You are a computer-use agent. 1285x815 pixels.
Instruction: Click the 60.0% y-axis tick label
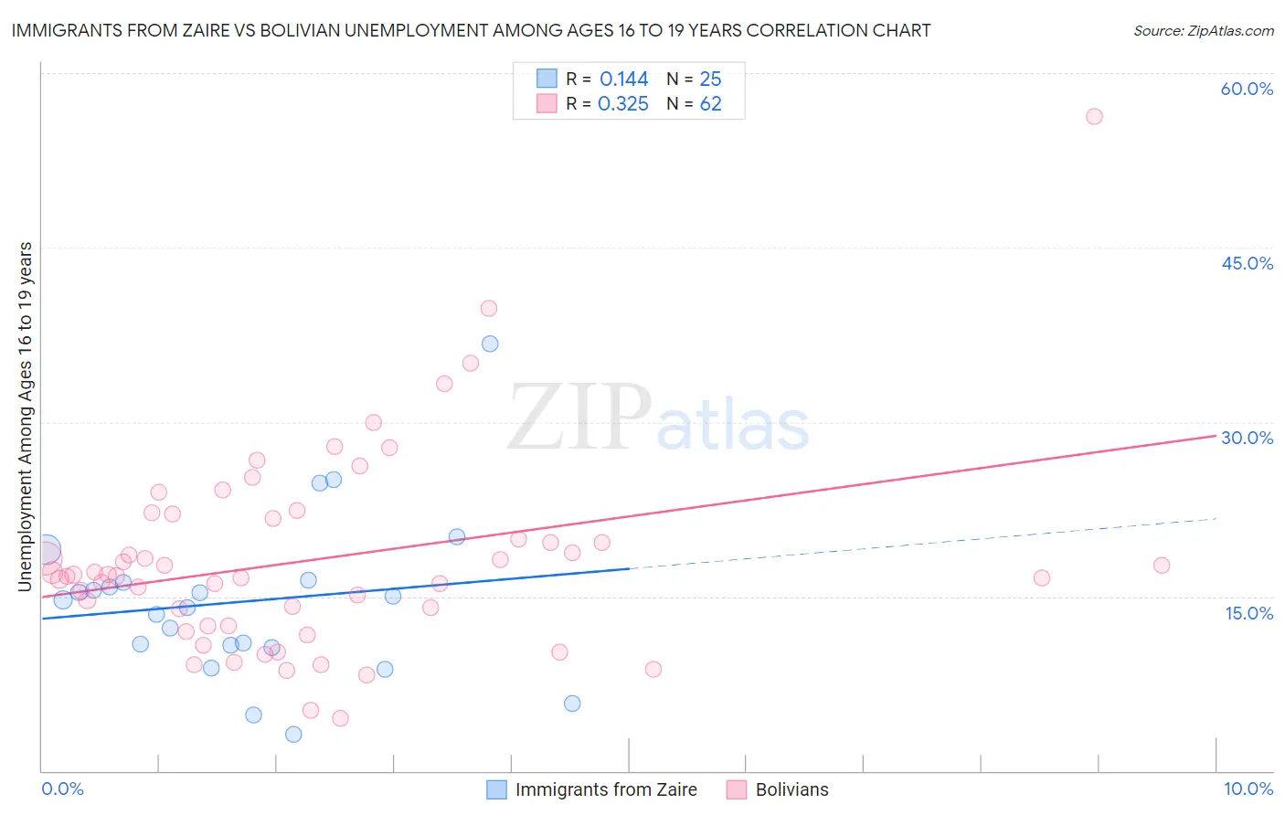coord(1247,89)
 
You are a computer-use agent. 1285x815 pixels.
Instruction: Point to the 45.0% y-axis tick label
coord(1247,263)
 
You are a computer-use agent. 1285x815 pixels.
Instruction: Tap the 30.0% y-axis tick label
coord(1247,438)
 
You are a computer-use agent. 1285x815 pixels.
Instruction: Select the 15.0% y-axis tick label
coord(1248,613)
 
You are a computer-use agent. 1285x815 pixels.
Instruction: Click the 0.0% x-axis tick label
coord(62,789)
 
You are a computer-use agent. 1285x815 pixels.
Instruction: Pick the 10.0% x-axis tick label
coord(1248,789)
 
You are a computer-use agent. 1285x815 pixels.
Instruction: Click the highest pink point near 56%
coord(1094,116)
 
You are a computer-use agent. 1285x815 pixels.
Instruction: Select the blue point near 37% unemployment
coord(490,344)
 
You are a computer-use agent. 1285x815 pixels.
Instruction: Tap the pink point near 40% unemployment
coord(489,309)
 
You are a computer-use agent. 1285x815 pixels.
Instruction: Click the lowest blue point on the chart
coord(293,735)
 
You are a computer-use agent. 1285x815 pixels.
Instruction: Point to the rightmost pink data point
coord(1162,566)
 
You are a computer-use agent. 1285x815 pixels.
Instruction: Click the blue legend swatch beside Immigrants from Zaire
coord(496,789)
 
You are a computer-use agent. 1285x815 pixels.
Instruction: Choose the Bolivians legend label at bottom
coord(791,789)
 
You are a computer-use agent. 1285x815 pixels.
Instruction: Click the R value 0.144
coord(623,79)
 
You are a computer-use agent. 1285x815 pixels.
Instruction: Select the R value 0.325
coord(622,104)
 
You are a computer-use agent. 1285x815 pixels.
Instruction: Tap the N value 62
coord(710,104)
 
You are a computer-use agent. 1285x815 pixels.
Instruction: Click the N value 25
coord(710,79)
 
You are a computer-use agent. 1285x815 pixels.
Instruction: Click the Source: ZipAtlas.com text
coord(1203,30)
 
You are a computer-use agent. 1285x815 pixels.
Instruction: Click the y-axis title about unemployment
coord(26,417)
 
